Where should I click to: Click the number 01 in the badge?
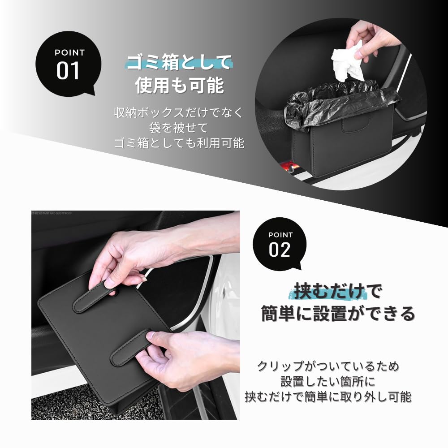[x=68, y=70]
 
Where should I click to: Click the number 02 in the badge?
[x=280, y=250]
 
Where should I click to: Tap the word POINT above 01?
[x=69, y=52]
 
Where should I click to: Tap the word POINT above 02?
[x=280, y=235]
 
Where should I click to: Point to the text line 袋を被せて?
[x=179, y=128]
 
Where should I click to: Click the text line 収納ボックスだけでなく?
[x=179, y=113]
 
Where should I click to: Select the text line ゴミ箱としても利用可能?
[x=179, y=143]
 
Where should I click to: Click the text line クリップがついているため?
[x=327, y=366]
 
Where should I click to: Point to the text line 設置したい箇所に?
[x=327, y=382]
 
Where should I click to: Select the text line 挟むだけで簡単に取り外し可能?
[x=327, y=397]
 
